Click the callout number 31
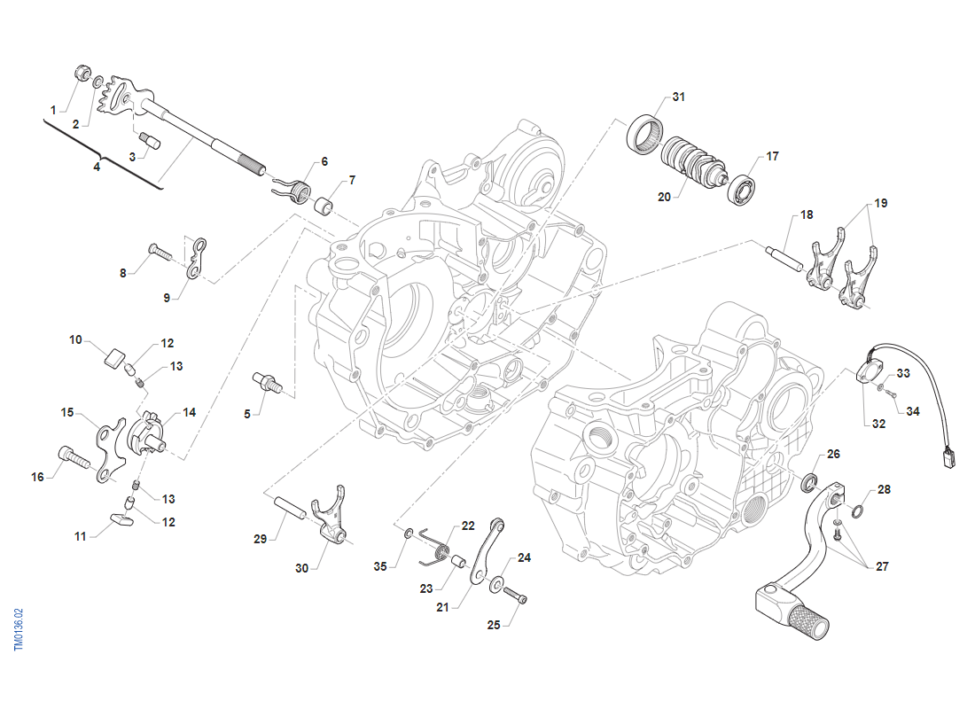[679, 96]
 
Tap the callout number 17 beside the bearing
[772, 156]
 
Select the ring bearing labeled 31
[644, 133]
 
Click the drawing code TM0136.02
[19, 630]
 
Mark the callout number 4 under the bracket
[97, 166]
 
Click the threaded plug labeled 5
[267, 382]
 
